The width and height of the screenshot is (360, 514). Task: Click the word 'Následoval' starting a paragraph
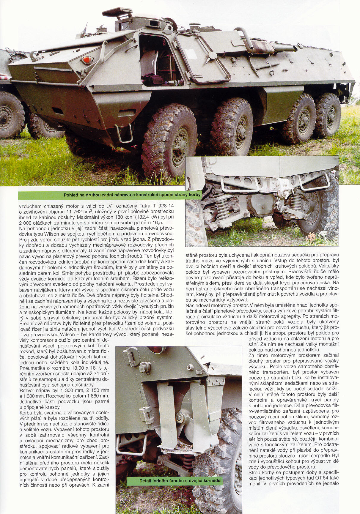click(198, 305)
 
